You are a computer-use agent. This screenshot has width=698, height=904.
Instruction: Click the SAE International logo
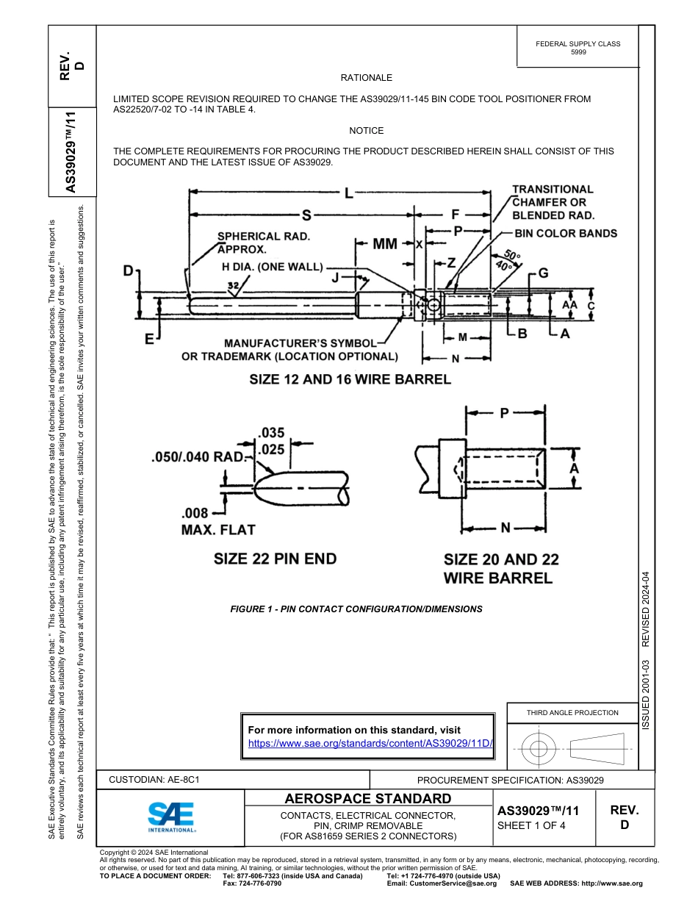170,816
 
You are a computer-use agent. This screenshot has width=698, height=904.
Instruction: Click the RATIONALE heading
366,78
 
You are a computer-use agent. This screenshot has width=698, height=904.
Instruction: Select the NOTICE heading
366,131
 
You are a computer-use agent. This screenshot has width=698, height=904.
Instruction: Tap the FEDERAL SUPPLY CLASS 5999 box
578,48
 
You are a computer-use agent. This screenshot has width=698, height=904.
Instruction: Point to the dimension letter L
348,193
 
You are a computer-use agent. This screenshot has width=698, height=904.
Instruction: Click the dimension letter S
306,215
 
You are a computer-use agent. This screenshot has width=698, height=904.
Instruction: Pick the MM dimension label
385,243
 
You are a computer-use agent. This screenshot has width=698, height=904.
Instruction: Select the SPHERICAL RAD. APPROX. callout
263,243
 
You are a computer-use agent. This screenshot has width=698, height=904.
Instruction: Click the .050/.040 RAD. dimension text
197,456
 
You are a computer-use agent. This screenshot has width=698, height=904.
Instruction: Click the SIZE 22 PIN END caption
275,559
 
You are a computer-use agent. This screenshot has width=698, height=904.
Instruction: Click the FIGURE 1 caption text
356,609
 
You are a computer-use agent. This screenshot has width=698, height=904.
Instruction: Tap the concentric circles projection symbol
539,749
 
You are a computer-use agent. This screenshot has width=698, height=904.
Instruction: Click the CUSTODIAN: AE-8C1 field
154,780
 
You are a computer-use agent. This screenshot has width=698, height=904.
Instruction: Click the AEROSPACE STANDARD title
368,799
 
